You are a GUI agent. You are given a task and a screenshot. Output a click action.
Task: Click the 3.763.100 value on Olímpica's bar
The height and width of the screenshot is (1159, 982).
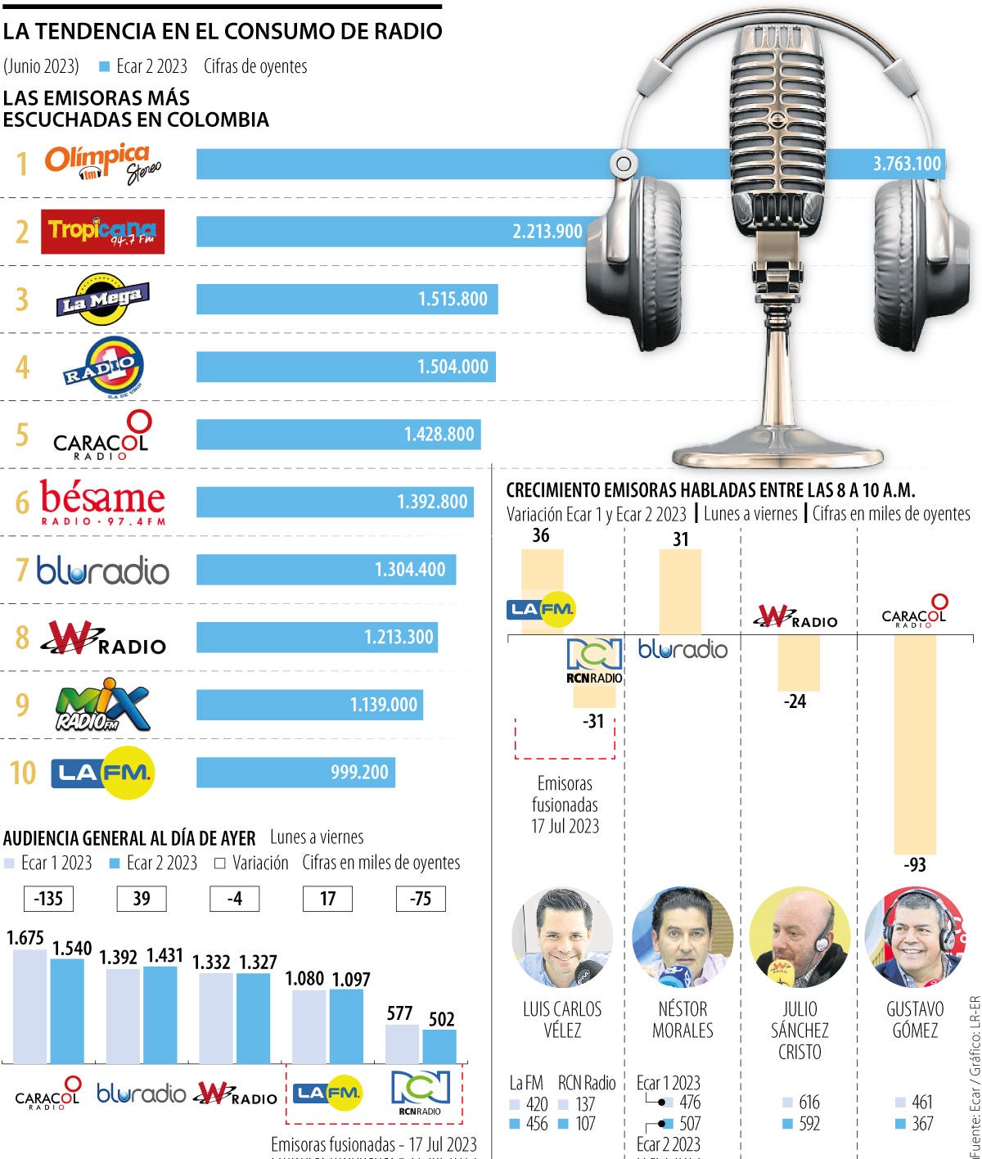click(x=907, y=164)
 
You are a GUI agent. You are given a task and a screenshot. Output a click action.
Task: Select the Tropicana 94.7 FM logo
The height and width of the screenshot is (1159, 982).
click(x=102, y=232)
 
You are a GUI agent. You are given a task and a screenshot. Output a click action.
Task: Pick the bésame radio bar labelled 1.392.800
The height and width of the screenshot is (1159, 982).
click(x=336, y=502)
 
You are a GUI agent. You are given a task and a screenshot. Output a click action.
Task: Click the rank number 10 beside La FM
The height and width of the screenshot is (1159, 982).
click(x=23, y=773)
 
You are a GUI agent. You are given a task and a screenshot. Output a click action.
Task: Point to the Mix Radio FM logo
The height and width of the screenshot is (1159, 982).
click(x=102, y=705)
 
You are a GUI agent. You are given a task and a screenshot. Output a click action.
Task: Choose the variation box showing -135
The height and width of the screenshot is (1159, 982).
click(x=48, y=899)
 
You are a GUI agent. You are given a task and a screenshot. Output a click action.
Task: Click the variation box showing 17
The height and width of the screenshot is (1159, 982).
click(x=328, y=899)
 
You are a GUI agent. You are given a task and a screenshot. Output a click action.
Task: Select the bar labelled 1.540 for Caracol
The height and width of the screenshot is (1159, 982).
click(x=67, y=1011)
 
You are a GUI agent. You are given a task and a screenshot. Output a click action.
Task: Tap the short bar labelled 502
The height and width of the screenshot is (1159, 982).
click(x=440, y=1046)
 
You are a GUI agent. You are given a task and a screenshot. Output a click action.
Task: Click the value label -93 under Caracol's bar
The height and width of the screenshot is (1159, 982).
click(x=915, y=865)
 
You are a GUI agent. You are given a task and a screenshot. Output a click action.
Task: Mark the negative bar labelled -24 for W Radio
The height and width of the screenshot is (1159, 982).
click(x=799, y=662)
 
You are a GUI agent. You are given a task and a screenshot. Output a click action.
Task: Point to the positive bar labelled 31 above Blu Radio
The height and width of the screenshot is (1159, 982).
click(x=680, y=591)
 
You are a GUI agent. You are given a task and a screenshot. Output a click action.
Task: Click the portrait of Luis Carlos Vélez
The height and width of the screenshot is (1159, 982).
click(x=562, y=937)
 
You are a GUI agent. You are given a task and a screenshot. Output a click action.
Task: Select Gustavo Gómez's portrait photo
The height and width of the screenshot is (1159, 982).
click(x=915, y=937)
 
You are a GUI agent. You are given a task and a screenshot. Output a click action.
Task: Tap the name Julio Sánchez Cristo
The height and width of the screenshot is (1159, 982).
click(x=800, y=1030)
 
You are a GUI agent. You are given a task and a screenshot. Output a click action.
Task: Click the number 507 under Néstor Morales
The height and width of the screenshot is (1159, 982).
click(x=690, y=1124)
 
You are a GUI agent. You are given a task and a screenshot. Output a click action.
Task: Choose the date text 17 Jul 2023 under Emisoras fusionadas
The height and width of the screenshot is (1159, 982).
click(x=565, y=827)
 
